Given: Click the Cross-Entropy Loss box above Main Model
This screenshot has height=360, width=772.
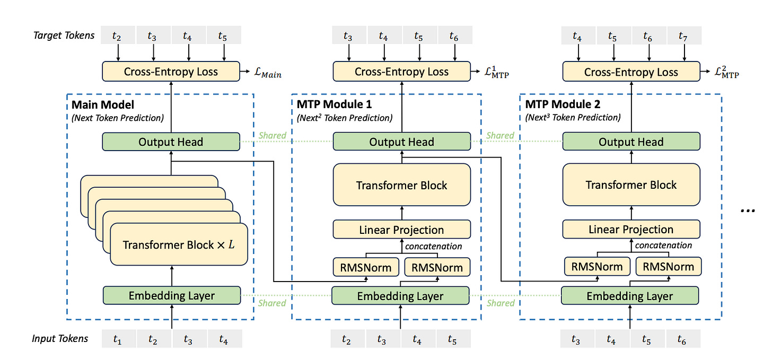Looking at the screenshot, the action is click(171, 72).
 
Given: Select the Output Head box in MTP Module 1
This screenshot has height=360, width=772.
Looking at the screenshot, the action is click(401, 142).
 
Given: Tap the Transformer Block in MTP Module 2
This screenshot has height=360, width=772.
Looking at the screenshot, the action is click(631, 185).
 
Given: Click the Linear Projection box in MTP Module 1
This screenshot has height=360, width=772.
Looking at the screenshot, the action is click(401, 230).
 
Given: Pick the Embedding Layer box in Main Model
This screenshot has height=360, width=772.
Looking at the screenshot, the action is click(172, 295).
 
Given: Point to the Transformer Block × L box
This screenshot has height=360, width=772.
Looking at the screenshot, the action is click(179, 244).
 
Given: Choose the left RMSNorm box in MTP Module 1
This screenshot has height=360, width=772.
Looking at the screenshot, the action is click(366, 267).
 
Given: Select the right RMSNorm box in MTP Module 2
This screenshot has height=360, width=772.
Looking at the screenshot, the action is click(668, 267).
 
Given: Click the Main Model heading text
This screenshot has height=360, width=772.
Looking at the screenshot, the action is click(103, 105).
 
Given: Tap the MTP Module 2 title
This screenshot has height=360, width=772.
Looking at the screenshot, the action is click(563, 104).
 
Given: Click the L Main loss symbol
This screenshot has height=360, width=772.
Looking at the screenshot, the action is click(268, 72).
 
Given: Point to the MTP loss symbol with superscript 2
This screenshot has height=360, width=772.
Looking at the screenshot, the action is click(727, 72).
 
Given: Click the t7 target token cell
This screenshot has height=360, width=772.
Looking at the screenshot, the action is click(685, 36).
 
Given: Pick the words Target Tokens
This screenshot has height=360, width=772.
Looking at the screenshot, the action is click(64, 36).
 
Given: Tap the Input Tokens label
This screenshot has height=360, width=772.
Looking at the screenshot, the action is click(60, 339).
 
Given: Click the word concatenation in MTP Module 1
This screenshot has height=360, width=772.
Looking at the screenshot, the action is click(433, 247).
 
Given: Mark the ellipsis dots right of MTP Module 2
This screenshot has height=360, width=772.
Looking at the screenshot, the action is click(748, 210).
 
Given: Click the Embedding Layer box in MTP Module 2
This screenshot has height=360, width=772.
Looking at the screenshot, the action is click(630, 296).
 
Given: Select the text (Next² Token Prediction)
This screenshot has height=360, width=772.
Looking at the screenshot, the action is click(344, 118).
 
